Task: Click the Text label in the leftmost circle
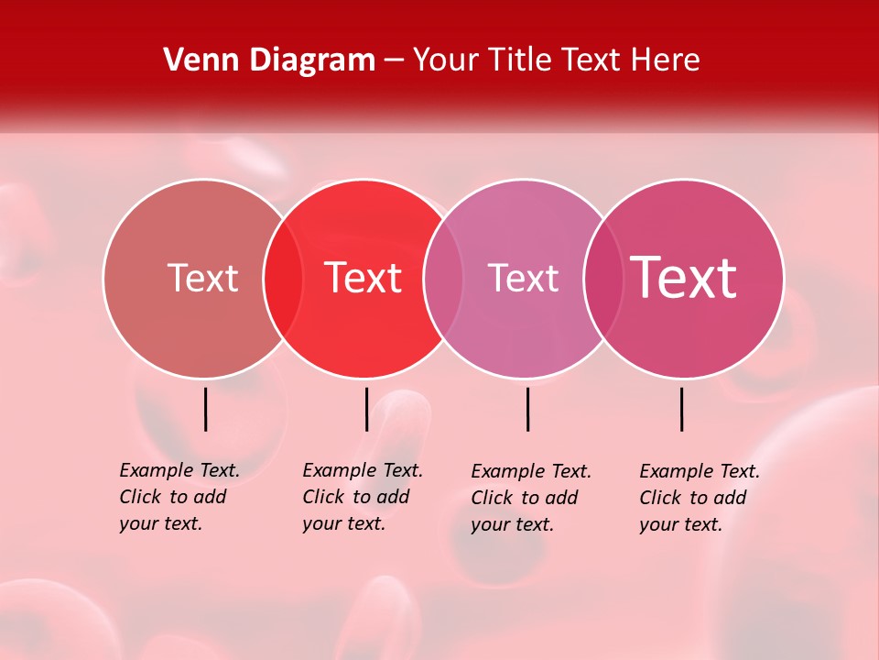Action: tap(202, 278)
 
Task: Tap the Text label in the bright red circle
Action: tap(364, 278)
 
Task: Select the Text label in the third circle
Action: tap(523, 278)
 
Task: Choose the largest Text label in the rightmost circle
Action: tap(684, 278)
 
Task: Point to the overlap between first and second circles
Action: tap(283, 278)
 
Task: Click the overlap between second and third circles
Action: tap(443, 278)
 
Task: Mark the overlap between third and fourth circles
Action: tap(603, 278)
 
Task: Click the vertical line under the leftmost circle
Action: tap(206, 409)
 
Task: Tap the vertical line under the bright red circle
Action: tap(366, 409)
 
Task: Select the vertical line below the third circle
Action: tap(527, 409)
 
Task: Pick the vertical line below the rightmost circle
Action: tap(682, 409)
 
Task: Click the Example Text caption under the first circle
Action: tap(179, 497)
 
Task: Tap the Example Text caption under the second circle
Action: tap(362, 497)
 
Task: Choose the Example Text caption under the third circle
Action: tap(530, 498)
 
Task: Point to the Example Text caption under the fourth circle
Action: tap(699, 498)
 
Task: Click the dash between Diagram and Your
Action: tap(394, 61)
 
